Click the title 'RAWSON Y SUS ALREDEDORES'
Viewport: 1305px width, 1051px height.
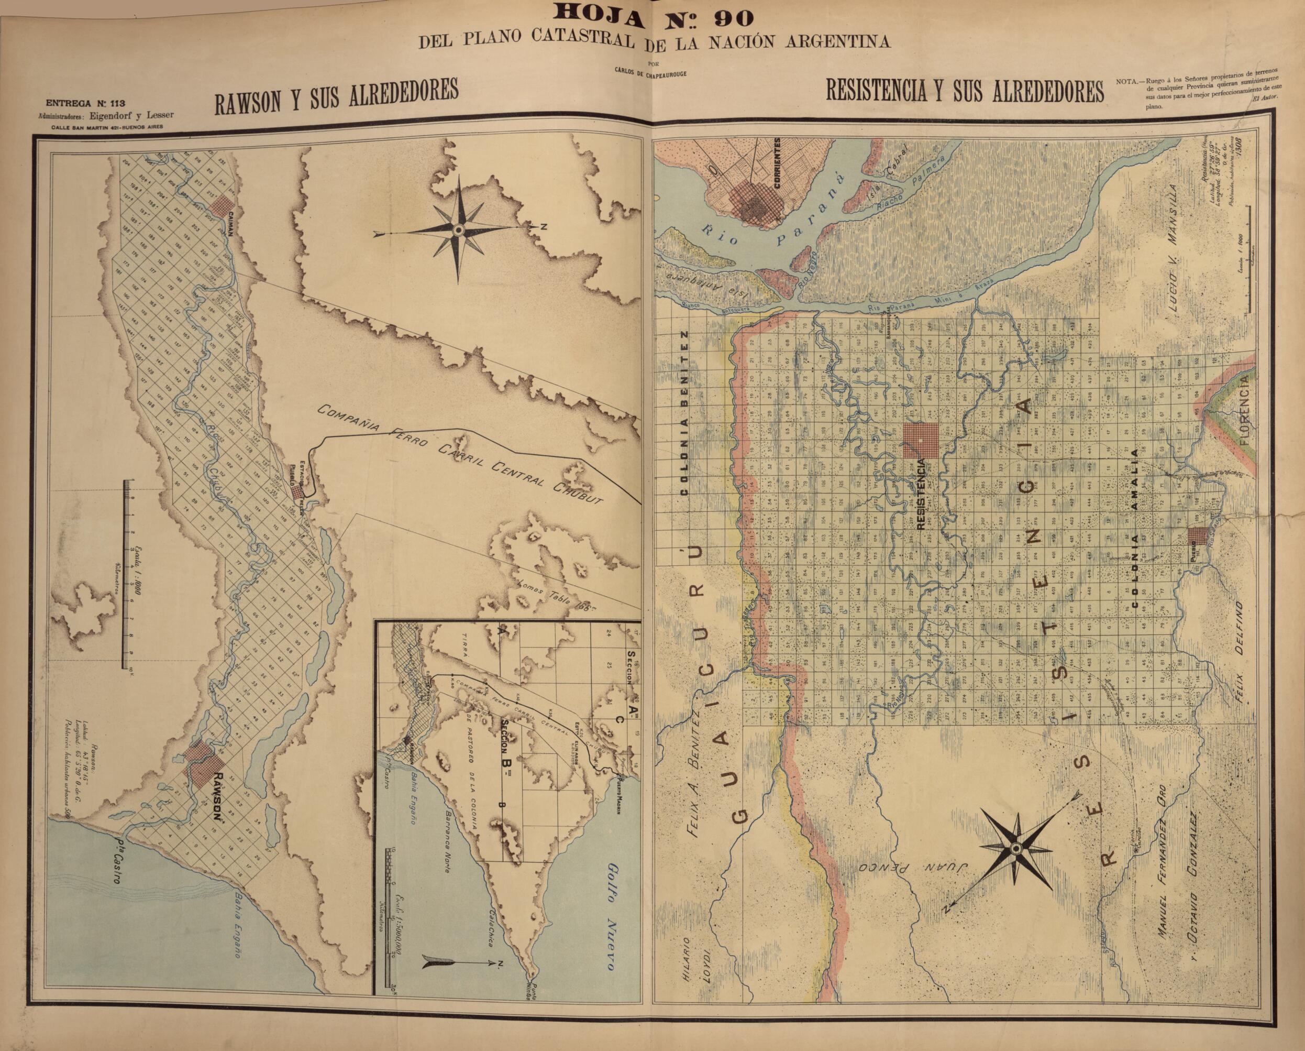[x=336, y=96]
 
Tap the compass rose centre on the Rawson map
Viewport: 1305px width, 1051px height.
[x=458, y=230]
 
